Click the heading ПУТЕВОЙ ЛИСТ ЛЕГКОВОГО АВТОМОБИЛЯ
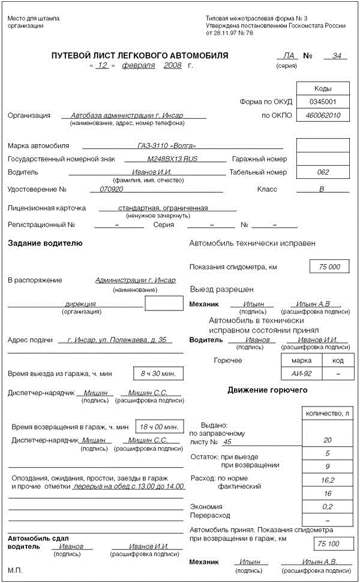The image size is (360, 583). pos(140,56)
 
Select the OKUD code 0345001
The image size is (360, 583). pos(323,102)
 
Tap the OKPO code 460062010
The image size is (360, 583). pos(323,115)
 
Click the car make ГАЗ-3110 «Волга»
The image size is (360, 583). pos(166,146)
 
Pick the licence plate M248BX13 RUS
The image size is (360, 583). pos(172,159)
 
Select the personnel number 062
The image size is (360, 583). pos(323,172)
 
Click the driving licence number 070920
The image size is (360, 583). pos(111,189)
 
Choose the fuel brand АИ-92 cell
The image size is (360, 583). pos(301,374)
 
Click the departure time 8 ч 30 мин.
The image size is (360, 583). pos(158,373)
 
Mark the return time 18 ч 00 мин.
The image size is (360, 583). pos(159,427)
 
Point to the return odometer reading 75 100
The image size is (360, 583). pos(329,544)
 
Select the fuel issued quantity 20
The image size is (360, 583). pos(327,440)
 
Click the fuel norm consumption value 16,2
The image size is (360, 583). pos(327,480)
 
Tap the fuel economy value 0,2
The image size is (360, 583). pos(327,507)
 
